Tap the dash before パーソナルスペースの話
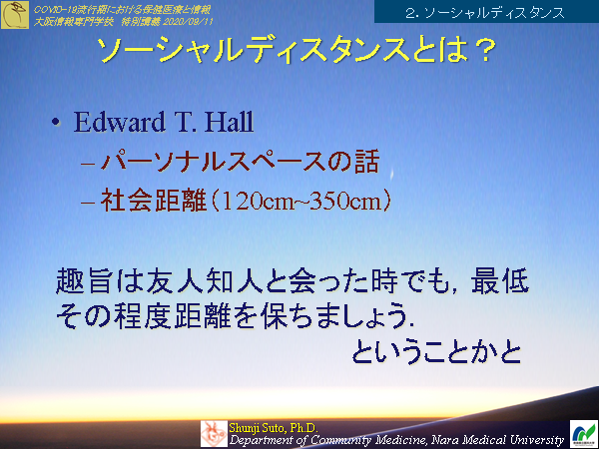point(85,163)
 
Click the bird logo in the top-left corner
point(15,14)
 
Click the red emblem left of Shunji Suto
point(214,433)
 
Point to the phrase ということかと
point(437,352)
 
